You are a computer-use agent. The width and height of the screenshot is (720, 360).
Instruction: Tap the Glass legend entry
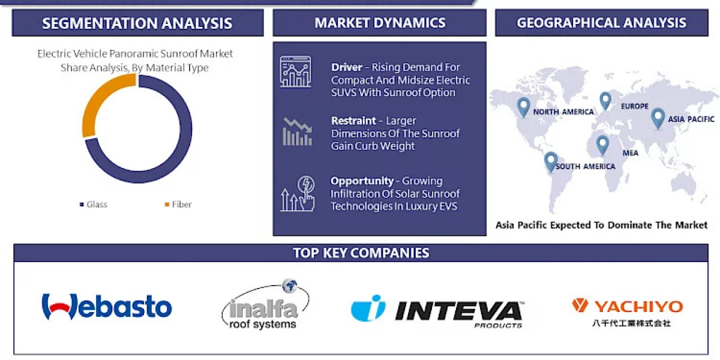point(94,205)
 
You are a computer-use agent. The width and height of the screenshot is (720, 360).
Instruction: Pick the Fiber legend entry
point(178,205)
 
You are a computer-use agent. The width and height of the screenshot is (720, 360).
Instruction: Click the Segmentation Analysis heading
point(137,23)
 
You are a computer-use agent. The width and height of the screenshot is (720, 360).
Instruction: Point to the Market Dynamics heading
point(380,23)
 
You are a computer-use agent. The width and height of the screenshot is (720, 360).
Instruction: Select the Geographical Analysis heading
point(601,23)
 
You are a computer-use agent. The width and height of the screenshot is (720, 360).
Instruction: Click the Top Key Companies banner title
point(361,253)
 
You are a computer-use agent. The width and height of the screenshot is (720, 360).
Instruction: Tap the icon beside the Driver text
point(295,72)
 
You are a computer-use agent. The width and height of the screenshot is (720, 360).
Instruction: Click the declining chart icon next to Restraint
point(298,131)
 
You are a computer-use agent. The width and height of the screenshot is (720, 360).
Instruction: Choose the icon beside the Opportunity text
point(298,193)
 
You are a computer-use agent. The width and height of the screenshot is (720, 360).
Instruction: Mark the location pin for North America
point(524,106)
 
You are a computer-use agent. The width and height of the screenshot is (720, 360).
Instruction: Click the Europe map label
point(635,106)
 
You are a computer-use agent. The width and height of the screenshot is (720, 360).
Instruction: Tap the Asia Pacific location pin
point(658,118)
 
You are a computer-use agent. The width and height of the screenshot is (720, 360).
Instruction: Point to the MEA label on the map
point(630,153)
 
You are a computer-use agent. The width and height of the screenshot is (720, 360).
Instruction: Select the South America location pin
point(550,161)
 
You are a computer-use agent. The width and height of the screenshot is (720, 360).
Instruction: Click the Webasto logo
point(107,307)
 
